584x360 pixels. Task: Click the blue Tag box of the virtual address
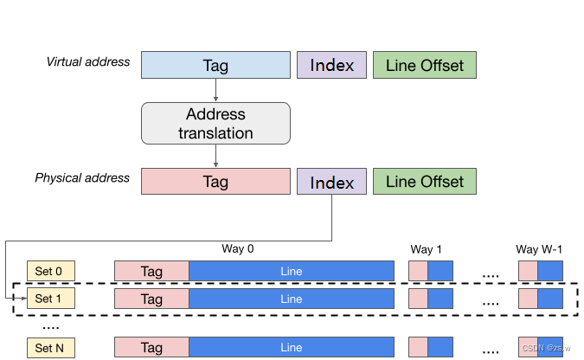[215, 66]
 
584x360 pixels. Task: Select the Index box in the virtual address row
[331, 66]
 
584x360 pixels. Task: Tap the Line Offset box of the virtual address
[424, 66]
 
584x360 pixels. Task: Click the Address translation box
[215, 124]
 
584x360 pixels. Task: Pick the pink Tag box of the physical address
[215, 182]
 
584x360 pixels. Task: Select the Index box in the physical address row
[331, 182]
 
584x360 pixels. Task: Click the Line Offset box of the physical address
[424, 182]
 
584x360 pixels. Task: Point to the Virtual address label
[87, 62]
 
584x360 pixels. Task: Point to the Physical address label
[82, 178]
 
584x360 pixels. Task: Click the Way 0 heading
[238, 249]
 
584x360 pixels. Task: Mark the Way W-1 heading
[539, 249]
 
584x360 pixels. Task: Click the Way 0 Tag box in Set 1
[151, 299]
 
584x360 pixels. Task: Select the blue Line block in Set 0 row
[292, 271]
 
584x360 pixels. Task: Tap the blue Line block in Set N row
[292, 348]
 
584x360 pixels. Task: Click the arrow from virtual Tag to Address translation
[215, 91]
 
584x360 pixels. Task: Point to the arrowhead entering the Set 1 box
[23, 299]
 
